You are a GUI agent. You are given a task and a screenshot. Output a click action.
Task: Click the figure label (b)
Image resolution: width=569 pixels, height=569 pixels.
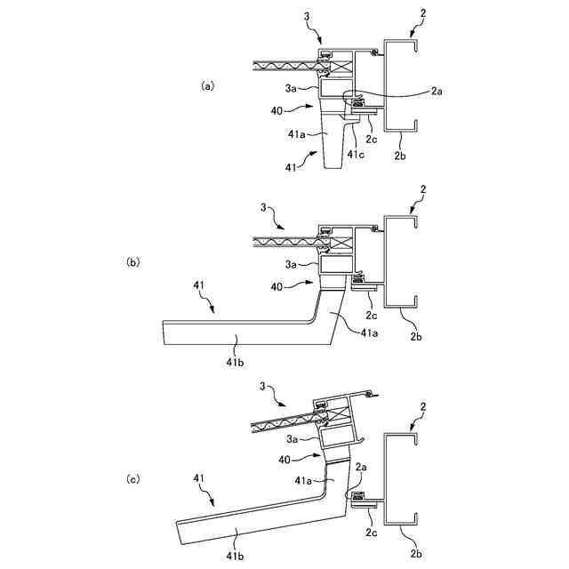click(x=134, y=262)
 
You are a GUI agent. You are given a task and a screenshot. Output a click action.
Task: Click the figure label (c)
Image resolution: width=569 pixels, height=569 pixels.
click(x=134, y=479)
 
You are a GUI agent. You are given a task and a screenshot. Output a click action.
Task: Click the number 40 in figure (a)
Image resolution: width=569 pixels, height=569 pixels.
click(x=278, y=110)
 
